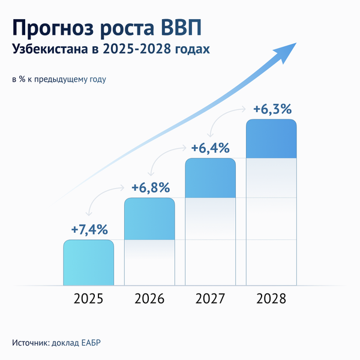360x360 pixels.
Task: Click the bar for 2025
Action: click(x=88, y=262)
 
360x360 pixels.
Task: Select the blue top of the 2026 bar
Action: click(x=149, y=218)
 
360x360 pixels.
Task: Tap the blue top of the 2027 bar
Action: click(x=210, y=178)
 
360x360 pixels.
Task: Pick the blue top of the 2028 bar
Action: click(x=271, y=139)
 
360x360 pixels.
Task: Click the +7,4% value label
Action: click(x=89, y=229)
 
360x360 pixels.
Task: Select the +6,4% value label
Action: click(x=210, y=148)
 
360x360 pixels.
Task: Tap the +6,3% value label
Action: click(x=272, y=109)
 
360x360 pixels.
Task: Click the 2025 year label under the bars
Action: click(x=88, y=298)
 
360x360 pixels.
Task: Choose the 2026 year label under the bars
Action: click(x=149, y=298)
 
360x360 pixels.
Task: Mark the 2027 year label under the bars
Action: click(x=210, y=298)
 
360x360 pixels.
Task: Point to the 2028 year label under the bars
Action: click(x=271, y=298)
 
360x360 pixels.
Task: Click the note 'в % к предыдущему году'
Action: click(x=58, y=79)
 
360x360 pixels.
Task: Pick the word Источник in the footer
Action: click(x=29, y=343)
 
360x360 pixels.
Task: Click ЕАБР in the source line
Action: click(x=97, y=343)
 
